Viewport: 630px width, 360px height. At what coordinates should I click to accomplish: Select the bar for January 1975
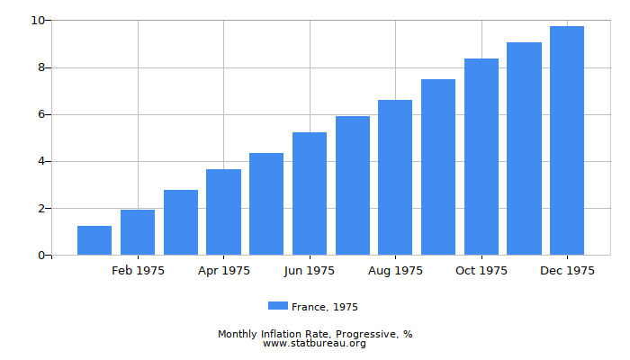click(x=94, y=240)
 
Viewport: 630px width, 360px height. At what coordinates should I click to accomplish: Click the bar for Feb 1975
click(x=138, y=232)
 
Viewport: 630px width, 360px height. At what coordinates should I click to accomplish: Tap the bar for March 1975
click(x=181, y=222)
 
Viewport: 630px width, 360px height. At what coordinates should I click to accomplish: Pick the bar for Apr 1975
click(x=223, y=212)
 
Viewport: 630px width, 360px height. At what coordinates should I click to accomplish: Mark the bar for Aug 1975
click(x=395, y=177)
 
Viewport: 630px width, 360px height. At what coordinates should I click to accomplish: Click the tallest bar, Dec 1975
click(x=567, y=140)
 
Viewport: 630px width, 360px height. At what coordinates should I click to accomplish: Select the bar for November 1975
click(x=524, y=148)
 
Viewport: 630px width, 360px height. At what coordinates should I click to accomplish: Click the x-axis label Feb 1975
click(x=138, y=271)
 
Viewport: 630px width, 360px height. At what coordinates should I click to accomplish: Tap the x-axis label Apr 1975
click(x=223, y=271)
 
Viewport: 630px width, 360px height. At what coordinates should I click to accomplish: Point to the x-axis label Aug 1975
click(x=395, y=271)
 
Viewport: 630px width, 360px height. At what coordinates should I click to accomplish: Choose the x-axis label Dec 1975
click(x=567, y=271)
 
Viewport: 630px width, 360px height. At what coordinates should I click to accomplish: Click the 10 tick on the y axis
click(x=37, y=20)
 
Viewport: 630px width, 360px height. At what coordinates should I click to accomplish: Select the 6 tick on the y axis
click(x=40, y=114)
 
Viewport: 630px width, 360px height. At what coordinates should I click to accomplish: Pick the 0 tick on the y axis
click(x=40, y=256)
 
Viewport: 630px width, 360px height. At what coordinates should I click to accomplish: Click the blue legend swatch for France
click(x=278, y=306)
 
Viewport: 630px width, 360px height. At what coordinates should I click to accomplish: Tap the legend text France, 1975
click(x=325, y=307)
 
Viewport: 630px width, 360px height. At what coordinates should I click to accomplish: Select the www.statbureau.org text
click(x=314, y=344)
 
